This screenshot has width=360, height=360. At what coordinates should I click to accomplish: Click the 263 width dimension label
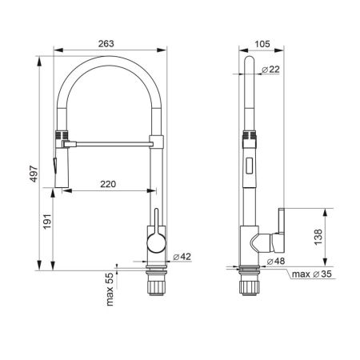click(x=106, y=43)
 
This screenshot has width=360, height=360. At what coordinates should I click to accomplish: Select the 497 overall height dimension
click(x=34, y=174)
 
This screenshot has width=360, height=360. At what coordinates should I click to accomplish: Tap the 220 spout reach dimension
click(x=108, y=184)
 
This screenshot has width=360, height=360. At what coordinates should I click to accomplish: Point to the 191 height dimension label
click(x=47, y=222)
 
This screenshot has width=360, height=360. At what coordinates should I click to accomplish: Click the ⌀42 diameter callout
click(x=182, y=257)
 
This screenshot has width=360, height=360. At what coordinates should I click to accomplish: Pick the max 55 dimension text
click(x=110, y=290)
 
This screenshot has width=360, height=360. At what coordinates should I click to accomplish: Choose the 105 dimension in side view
click(x=262, y=44)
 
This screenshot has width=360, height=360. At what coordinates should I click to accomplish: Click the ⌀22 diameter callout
click(x=270, y=70)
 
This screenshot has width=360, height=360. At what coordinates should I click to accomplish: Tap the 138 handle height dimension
click(x=318, y=237)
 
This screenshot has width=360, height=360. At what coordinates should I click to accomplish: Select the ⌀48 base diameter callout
click(x=276, y=261)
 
